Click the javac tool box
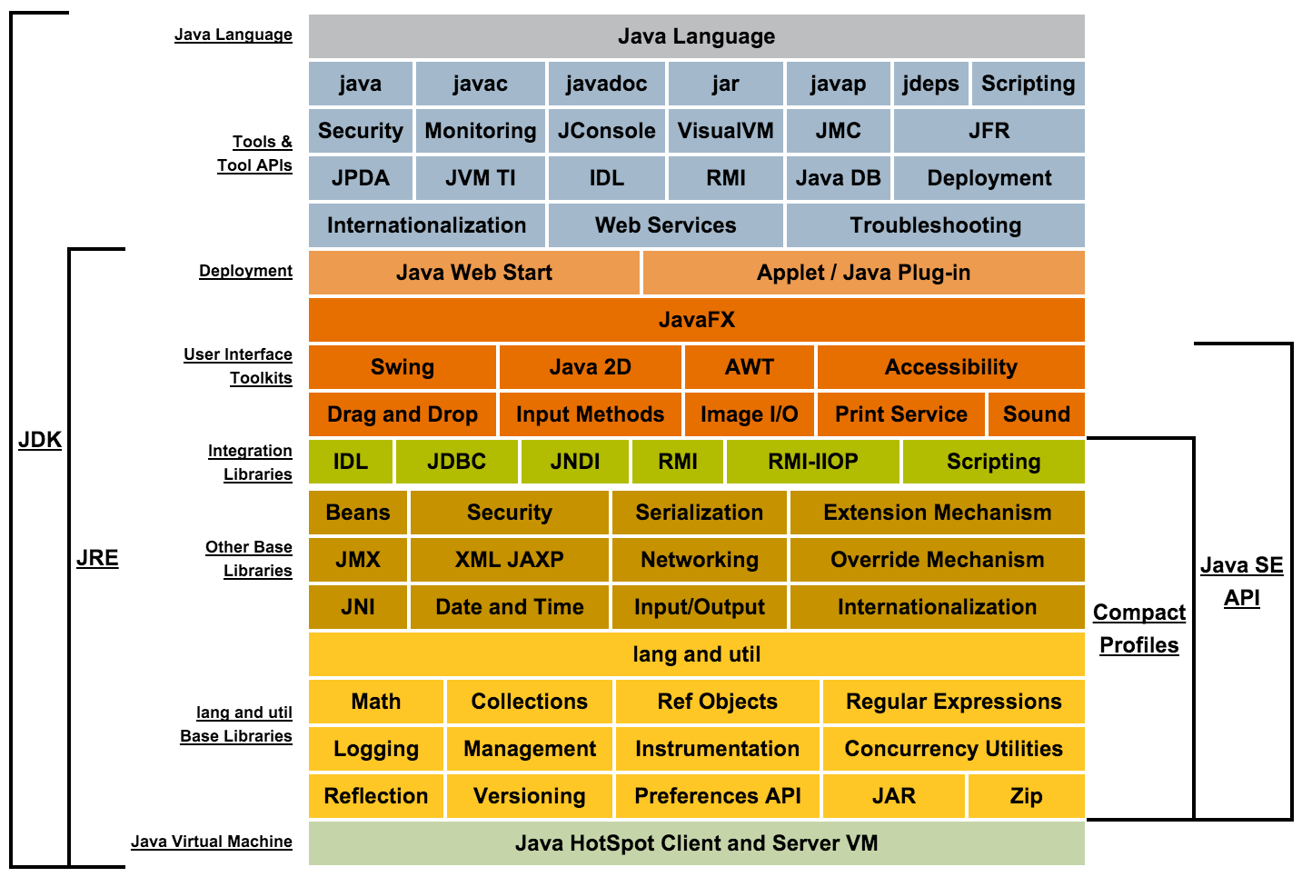point(480,84)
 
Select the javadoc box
point(606,84)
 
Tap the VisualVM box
point(725,131)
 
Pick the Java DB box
point(838,178)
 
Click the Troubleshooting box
point(935,225)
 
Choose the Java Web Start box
point(473,273)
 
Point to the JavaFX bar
point(696,320)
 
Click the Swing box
point(403,367)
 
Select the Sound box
point(1036,414)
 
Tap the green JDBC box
point(456,462)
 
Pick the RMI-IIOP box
point(812,462)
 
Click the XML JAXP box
point(509,560)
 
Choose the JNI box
point(358,607)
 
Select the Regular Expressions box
point(953,702)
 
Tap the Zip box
point(1026,796)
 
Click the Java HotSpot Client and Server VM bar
point(696,843)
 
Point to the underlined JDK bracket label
point(40,440)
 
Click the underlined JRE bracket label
point(97,558)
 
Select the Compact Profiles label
point(1138,629)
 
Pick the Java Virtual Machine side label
point(212,842)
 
